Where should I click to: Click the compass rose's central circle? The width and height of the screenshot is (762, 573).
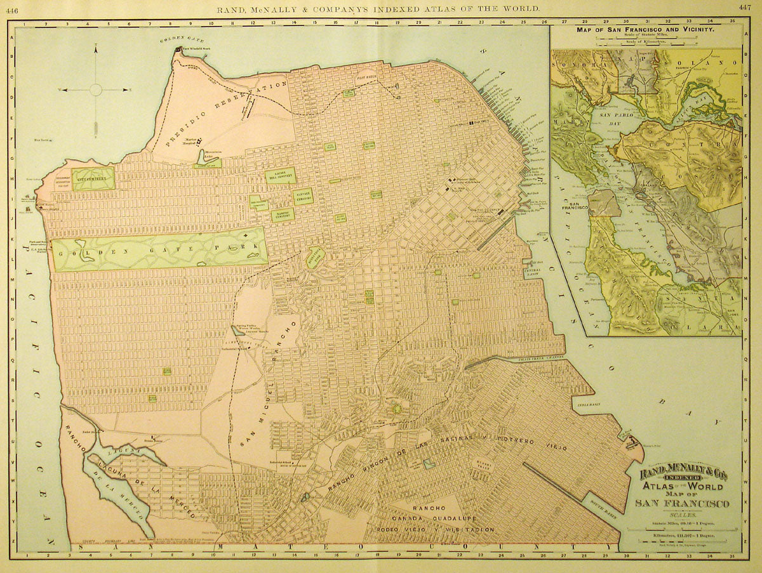pos(95,89)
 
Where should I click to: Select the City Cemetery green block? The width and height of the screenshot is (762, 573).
pos(93,179)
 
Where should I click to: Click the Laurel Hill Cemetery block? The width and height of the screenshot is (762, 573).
pos(279,176)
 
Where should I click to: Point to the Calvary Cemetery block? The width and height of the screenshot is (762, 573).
pos(302,196)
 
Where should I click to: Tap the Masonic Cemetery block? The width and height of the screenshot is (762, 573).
pos(283,214)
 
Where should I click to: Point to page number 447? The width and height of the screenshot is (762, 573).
pos(744,8)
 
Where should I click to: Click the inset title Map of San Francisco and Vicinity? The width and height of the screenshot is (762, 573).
pos(646,29)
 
